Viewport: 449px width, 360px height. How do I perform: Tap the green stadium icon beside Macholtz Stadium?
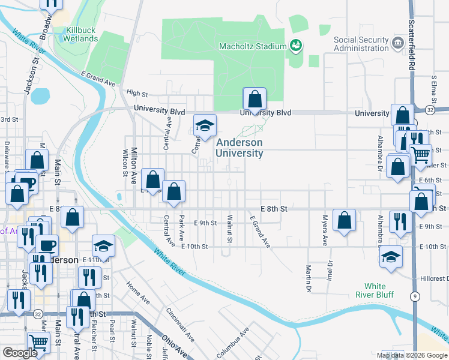tap(295, 44)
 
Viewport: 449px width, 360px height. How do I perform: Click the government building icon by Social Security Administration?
tap(397, 43)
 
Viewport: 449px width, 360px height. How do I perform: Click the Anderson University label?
tap(239, 148)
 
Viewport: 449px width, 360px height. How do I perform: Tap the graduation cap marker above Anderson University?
tap(205, 126)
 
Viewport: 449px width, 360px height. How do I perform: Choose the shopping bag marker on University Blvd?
tap(255, 100)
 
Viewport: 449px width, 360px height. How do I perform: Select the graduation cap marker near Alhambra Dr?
tap(391, 256)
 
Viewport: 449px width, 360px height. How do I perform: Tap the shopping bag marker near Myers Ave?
tap(345, 221)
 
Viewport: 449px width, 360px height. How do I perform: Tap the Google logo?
tap(20, 353)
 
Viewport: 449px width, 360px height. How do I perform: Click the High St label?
tap(137, 93)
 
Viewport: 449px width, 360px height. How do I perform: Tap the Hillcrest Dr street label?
tap(433, 279)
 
